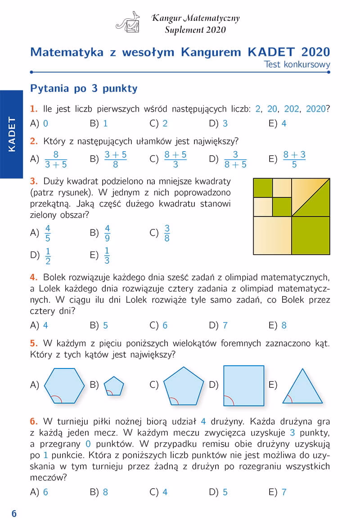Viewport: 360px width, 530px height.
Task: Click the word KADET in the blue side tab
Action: (x=12, y=134)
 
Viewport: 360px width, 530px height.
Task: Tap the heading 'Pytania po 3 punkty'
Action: (x=84, y=89)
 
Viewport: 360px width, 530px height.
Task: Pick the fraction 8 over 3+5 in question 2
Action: (x=56, y=159)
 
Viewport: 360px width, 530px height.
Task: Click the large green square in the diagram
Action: (x=310, y=235)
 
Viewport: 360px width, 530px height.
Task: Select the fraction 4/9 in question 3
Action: (x=107, y=233)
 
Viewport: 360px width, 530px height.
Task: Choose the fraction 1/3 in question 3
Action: (x=107, y=255)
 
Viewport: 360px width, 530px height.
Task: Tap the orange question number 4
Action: (x=33, y=276)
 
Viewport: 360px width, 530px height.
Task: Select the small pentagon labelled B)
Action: (x=113, y=386)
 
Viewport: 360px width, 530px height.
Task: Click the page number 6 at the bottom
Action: (x=14, y=514)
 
